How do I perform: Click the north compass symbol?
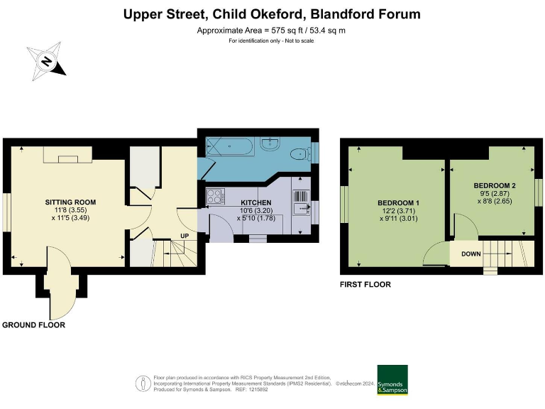pyautogui.click(x=46, y=61)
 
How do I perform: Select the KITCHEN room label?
pyautogui.click(x=256, y=202)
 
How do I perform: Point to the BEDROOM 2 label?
pyautogui.click(x=495, y=185)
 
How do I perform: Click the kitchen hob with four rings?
pyautogui.click(x=214, y=194)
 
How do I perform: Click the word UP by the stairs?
pyautogui.click(x=185, y=235)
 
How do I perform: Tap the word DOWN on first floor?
pyautogui.click(x=472, y=253)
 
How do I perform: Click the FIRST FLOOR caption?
pyautogui.click(x=365, y=285)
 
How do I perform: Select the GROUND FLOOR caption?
pyautogui.click(x=33, y=325)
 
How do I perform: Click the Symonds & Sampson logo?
pyautogui.click(x=392, y=380)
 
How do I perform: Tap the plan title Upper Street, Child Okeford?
pyautogui.click(x=272, y=14)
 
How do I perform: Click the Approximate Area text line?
pyautogui.click(x=272, y=31)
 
